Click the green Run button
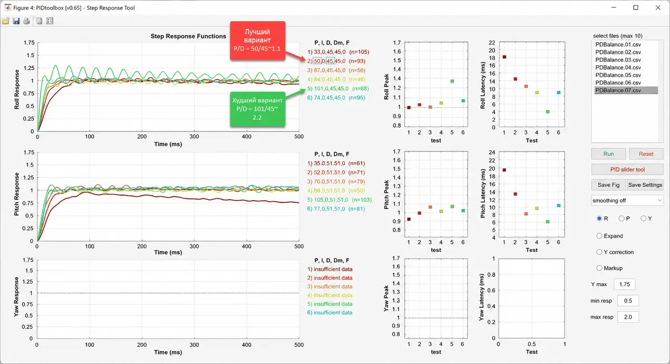click(x=609, y=154)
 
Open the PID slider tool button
click(x=627, y=169)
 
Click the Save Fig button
click(x=609, y=185)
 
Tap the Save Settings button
click(x=645, y=185)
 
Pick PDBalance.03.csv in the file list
click(x=618, y=60)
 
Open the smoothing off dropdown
click(x=627, y=200)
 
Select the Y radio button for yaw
click(x=643, y=219)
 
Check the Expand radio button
click(x=599, y=236)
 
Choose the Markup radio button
click(x=599, y=268)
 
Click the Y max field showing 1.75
click(x=624, y=284)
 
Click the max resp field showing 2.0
click(x=628, y=317)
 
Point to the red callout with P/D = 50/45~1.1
click(x=257, y=40)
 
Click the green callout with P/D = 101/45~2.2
click(x=257, y=109)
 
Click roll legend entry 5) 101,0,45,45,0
click(x=338, y=89)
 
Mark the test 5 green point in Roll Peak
click(x=452, y=81)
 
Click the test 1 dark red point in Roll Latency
click(x=504, y=57)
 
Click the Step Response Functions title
click(x=188, y=36)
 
